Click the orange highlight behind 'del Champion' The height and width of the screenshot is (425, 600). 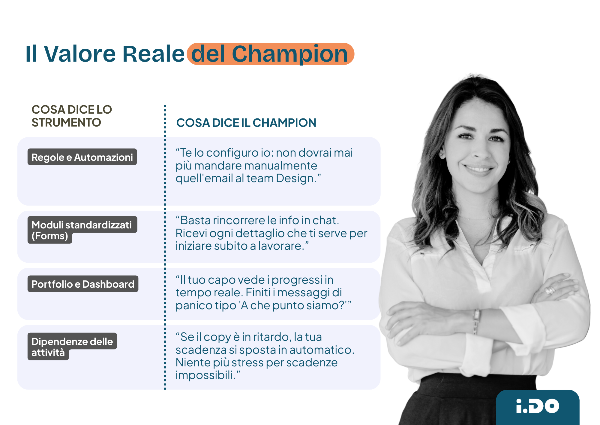tap(270, 54)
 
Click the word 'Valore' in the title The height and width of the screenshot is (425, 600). tap(80, 54)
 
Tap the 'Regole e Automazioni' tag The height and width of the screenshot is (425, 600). tap(82, 157)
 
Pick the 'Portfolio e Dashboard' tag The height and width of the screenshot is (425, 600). tap(83, 284)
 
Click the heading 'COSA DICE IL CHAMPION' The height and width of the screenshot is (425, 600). tap(246, 123)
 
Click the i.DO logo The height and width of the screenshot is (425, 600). tap(537, 406)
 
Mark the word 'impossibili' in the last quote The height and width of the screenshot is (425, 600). tap(204, 375)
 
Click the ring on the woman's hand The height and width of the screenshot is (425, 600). tap(550, 290)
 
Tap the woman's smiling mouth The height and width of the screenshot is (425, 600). tap(479, 168)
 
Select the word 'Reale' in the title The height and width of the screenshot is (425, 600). tap(153, 54)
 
